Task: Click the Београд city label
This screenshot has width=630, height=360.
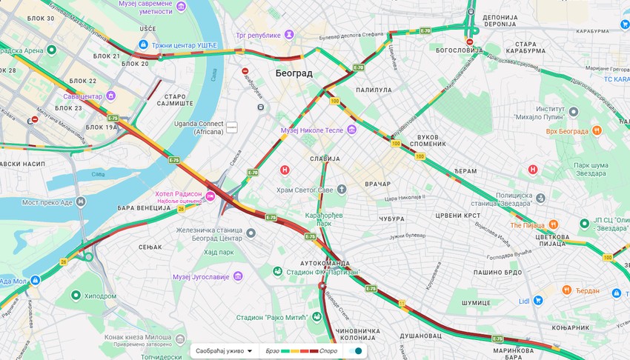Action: tap(294, 73)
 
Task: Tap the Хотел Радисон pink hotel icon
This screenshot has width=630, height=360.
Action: tap(210, 196)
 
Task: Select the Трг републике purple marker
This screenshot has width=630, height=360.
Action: tap(289, 35)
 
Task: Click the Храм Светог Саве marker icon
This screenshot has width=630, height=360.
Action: tap(341, 190)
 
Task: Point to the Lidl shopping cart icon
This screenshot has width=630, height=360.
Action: tap(538, 300)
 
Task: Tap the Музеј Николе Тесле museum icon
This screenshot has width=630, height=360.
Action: tap(351, 130)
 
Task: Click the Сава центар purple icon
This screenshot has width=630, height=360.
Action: tap(111, 96)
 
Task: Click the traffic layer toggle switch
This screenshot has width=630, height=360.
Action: tap(355, 350)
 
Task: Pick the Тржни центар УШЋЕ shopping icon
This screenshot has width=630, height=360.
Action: tap(143, 44)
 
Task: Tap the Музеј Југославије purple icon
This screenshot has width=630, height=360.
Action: tap(238, 276)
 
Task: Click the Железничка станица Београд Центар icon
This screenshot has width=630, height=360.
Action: tap(251, 234)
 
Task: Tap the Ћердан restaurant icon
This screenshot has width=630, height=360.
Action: tap(566, 290)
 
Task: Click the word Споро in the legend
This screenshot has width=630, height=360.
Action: tap(328, 350)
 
